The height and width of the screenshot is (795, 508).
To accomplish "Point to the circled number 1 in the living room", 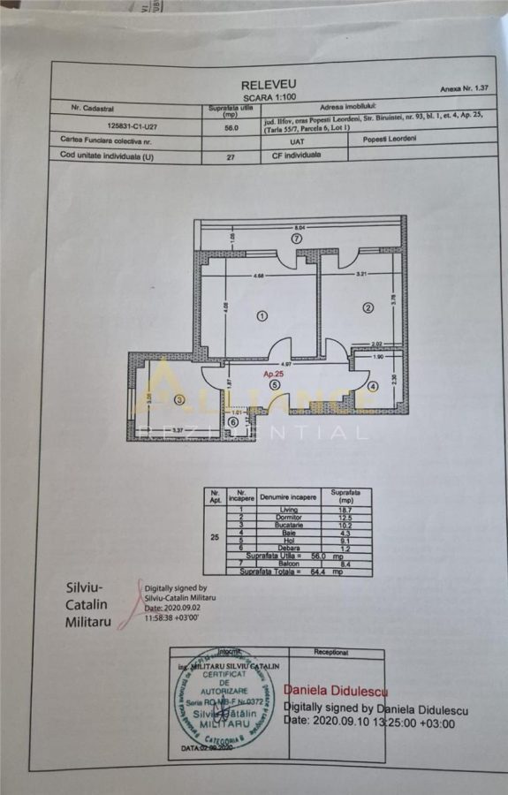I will pos(262,315).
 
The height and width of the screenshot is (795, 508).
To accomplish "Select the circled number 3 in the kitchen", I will pos(179,399).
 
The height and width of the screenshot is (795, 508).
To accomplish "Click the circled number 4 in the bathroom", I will pos(373,386).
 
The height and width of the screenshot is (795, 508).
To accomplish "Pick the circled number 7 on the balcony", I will pos(298,238).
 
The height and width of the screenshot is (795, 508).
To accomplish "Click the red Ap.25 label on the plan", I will pos(273,375).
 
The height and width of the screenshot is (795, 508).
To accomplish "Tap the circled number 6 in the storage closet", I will pos(233,423).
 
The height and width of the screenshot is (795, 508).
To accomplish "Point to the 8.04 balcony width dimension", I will pos(299,227).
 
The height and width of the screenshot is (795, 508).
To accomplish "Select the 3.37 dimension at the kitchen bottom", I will pos(178,430).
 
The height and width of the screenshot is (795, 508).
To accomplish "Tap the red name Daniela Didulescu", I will pos(335,691).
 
